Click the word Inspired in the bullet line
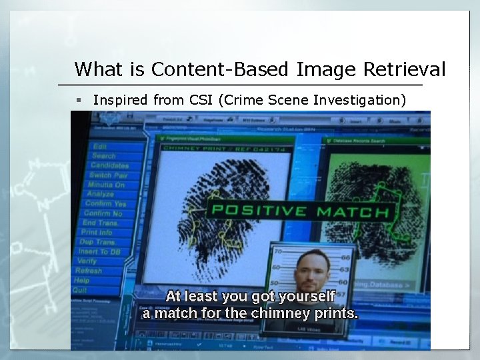[121, 100]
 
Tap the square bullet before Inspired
[78, 100]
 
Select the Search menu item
[104, 155]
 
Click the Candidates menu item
[110, 165]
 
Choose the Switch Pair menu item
[108, 175]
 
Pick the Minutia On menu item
[106, 185]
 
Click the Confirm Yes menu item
[106, 203]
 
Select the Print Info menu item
[97, 232]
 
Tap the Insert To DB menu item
[99, 251]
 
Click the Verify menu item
[87, 261]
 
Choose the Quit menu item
[80, 291]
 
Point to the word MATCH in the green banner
[353, 213]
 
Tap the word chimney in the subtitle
[273, 312]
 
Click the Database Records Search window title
[360, 141]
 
